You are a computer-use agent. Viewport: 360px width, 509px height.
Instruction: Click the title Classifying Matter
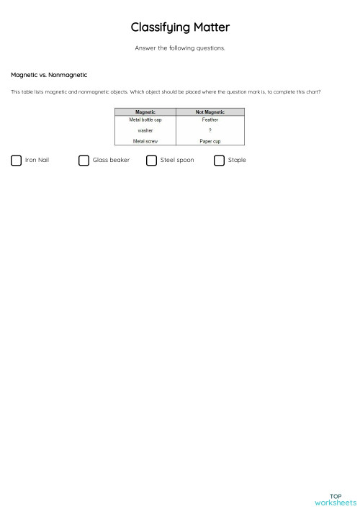tap(180, 27)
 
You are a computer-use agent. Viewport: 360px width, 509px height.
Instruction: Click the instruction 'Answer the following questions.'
tap(180, 48)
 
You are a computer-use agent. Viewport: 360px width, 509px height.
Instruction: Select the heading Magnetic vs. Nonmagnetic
tap(49, 75)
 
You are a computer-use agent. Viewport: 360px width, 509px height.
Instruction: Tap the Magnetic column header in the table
tap(145, 112)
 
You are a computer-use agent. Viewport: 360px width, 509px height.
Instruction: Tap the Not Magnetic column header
tap(210, 112)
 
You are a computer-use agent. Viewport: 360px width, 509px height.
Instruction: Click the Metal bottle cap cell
tap(145, 120)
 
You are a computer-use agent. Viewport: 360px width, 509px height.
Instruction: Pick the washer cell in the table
tap(145, 130)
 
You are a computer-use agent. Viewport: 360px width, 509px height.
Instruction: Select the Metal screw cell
tap(145, 141)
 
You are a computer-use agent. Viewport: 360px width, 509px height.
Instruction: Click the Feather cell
tap(210, 120)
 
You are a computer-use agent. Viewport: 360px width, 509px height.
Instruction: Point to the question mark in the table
tap(210, 130)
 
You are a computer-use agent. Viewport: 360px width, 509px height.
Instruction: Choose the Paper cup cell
tap(210, 141)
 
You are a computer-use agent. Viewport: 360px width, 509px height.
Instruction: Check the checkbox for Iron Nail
tap(17, 161)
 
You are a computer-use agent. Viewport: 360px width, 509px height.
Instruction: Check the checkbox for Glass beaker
tap(84, 161)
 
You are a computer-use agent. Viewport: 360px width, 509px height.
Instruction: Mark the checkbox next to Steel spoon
tap(151, 161)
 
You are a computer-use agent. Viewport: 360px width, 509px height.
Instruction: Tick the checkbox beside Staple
tap(219, 161)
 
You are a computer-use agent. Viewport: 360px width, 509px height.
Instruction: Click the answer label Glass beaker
tap(111, 160)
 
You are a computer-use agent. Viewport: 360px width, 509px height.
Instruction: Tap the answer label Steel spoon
tap(177, 160)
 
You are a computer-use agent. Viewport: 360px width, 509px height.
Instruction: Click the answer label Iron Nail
tap(37, 160)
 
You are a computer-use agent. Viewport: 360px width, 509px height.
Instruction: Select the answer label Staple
tap(237, 160)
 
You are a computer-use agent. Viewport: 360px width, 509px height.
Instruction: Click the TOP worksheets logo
tap(335, 500)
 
